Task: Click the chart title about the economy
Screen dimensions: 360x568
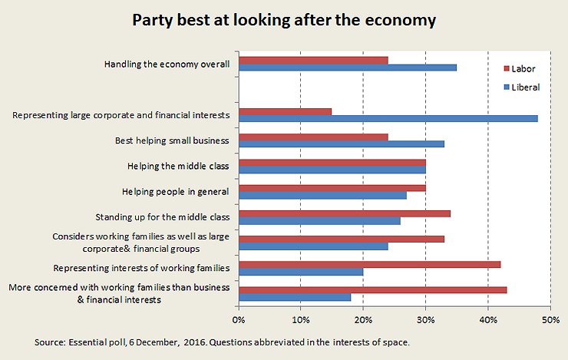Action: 284,21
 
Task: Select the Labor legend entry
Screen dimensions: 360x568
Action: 521,69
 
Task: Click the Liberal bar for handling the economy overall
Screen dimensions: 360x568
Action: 348,68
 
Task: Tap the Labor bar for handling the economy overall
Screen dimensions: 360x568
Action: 313,60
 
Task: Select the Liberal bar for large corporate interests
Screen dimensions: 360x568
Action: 388,118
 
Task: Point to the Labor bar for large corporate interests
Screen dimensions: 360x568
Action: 285,111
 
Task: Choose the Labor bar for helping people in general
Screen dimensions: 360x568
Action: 332,187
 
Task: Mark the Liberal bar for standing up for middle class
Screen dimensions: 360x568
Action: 319,221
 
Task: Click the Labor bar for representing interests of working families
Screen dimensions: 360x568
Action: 369,264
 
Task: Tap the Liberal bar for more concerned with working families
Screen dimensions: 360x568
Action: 295,297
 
